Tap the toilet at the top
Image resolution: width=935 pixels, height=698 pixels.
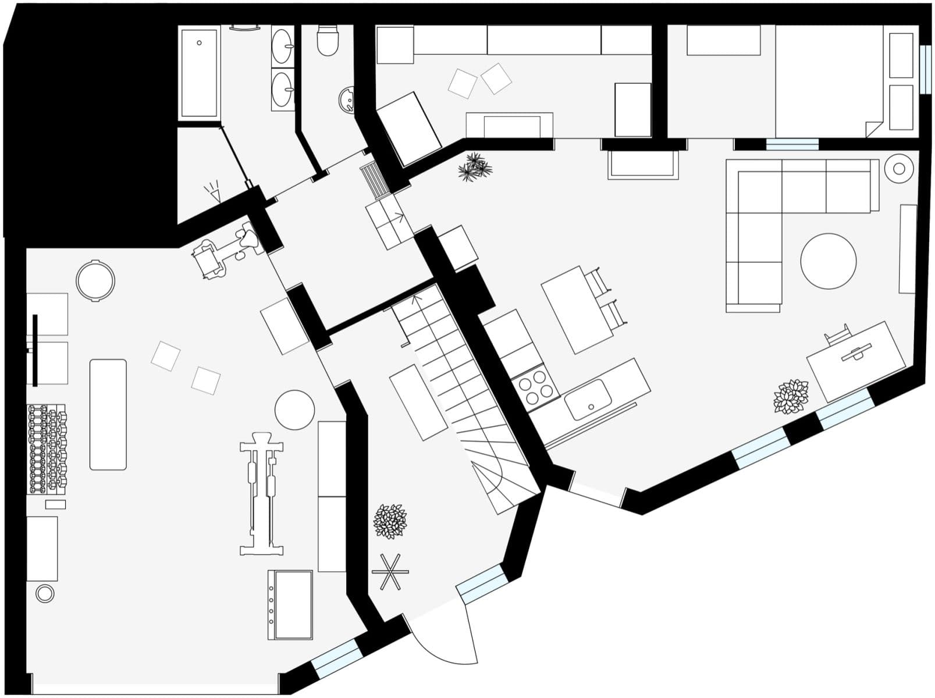[x=328, y=41]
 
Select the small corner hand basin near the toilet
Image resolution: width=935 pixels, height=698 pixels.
[x=347, y=99]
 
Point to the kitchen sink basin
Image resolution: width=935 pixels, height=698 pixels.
[x=588, y=399]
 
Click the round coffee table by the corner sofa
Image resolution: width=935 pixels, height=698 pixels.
[x=828, y=261]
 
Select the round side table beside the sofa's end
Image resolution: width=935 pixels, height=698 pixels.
[x=898, y=169]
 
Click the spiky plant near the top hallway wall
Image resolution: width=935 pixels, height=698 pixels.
[x=475, y=167]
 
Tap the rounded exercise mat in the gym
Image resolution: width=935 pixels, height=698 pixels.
[x=108, y=414]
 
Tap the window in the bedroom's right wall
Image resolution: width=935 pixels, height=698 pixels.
[x=925, y=68]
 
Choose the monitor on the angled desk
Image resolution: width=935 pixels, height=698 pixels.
[x=856, y=352]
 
